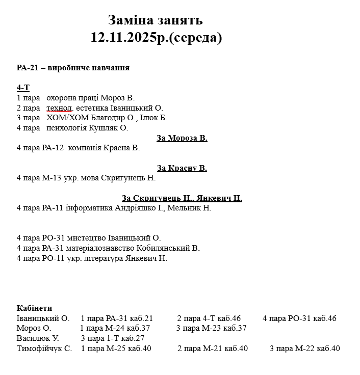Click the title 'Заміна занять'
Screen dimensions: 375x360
coord(156,20)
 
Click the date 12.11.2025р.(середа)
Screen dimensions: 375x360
coord(157,38)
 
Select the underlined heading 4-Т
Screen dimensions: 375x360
coord(23,88)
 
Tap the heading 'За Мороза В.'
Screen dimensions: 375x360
coord(182,138)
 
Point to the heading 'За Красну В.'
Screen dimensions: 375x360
coord(182,168)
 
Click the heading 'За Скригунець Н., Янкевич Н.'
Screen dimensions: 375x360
coord(182,198)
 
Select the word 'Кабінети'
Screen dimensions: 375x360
coord(34,308)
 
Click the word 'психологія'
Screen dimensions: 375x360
coord(66,128)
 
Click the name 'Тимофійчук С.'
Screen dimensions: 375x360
coord(44,349)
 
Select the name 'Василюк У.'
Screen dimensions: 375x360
coord(38,338)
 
